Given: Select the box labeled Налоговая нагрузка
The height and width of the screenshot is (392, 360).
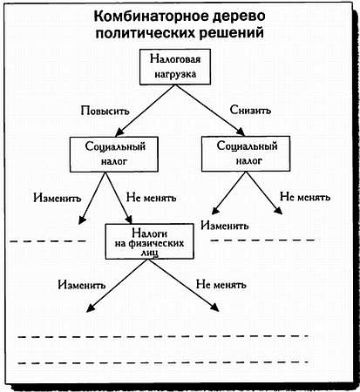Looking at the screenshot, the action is tap(175, 67).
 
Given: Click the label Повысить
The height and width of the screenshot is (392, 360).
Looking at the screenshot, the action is tap(105, 111).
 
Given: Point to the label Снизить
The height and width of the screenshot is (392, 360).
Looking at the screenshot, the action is tap(250, 110).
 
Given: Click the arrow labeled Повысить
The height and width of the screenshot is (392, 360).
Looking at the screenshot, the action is tap(146, 111).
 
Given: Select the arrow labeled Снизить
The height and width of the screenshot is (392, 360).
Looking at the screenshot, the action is tap(210, 111).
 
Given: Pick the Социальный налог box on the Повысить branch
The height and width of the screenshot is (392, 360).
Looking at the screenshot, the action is tap(114, 154).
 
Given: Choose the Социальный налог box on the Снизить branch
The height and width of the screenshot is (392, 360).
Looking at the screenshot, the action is tap(246, 153).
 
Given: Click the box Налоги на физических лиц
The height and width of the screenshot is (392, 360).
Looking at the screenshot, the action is tap(149, 241).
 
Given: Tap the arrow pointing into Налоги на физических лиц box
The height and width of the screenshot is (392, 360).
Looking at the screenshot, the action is tap(119, 198).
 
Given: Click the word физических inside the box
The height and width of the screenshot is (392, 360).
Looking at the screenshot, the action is tap(156, 243).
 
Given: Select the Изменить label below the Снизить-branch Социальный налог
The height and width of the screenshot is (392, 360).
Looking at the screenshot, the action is tap(225, 226).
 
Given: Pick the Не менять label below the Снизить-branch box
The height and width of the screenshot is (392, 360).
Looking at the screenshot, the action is tap(305, 197).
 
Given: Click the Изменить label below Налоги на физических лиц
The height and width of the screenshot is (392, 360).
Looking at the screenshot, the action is tap(82, 285).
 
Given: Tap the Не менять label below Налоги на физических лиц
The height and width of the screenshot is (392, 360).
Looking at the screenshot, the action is tap(221, 284).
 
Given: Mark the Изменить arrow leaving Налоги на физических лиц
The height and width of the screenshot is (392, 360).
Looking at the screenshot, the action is tap(118, 286).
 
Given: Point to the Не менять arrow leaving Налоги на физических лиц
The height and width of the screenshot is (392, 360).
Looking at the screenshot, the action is tap(184, 286).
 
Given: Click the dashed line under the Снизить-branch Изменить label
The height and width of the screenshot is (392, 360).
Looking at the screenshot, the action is tap(263, 240).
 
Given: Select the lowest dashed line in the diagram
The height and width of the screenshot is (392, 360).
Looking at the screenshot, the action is tap(163, 362).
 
